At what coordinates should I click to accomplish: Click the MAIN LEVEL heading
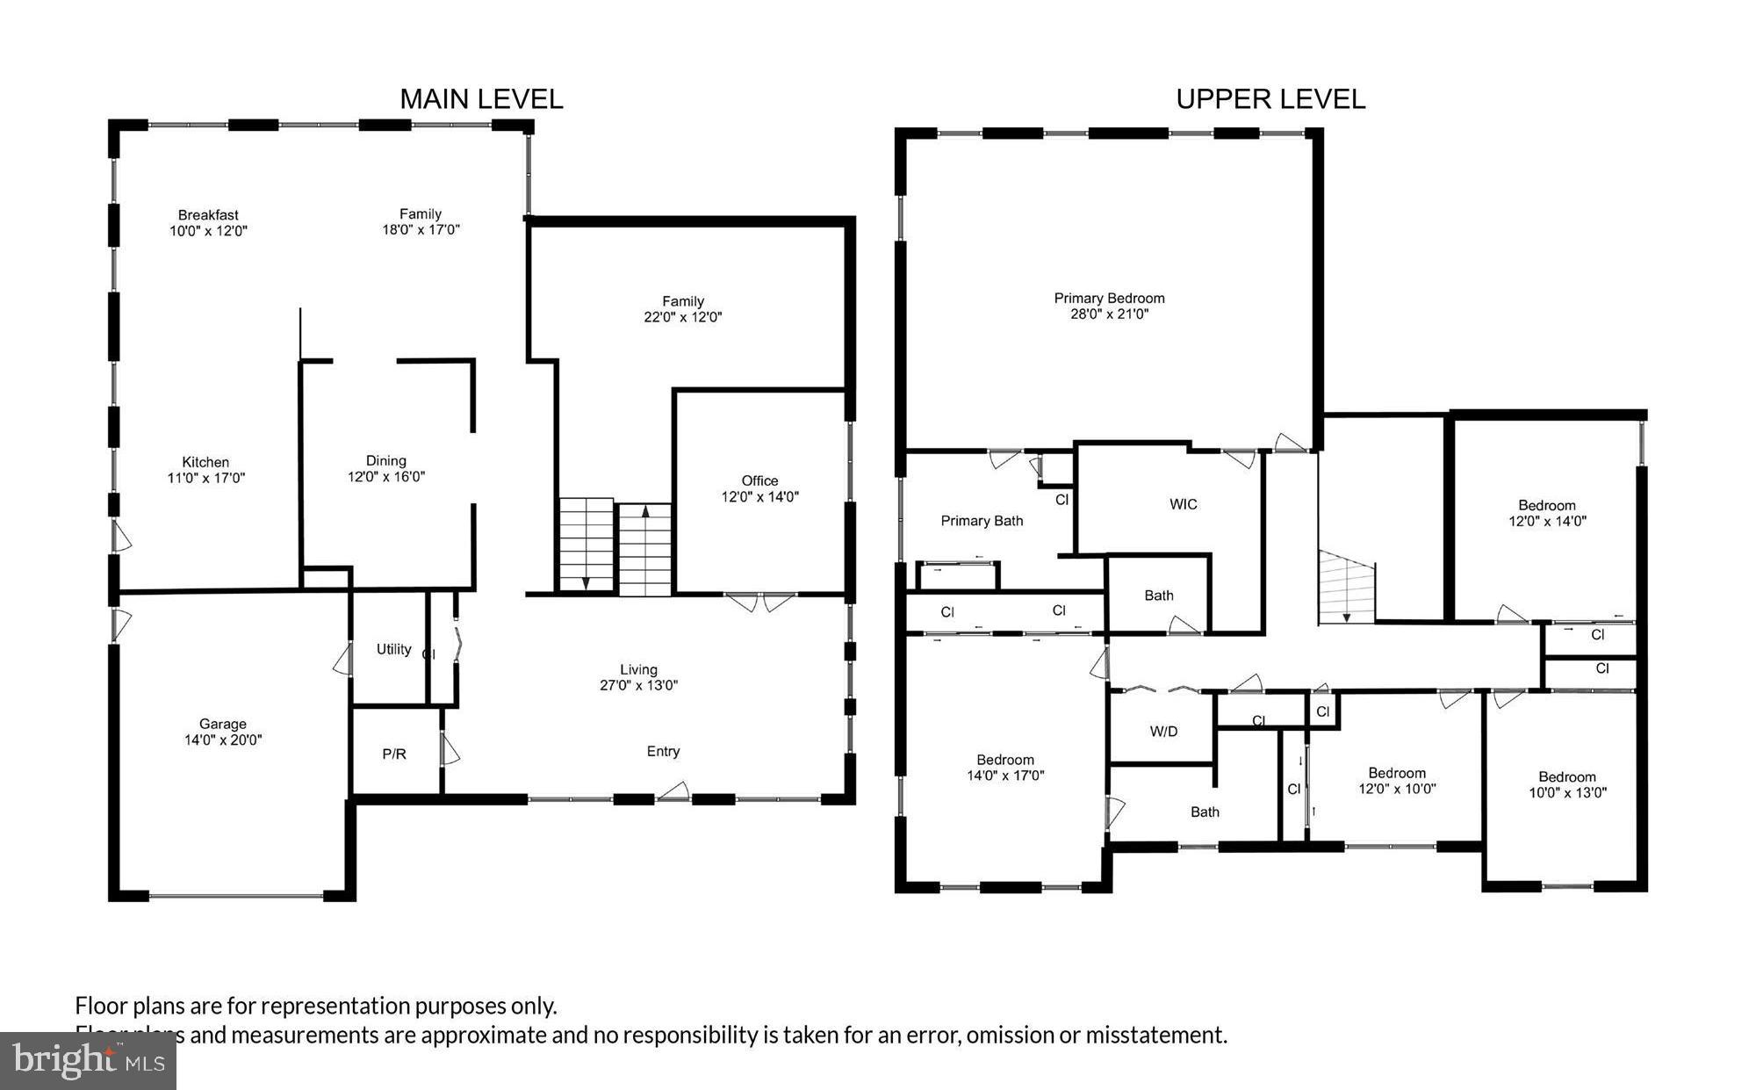tap(481, 99)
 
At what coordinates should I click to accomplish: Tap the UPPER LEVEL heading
tap(1270, 99)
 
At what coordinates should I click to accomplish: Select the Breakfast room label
tap(208, 222)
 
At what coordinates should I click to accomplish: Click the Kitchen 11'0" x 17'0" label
tap(205, 470)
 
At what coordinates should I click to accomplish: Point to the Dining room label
tap(385, 468)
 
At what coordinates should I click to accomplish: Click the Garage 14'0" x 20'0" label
tap(222, 732)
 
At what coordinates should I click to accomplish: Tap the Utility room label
tap(393, 649)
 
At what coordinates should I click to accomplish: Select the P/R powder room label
tap(394, 754)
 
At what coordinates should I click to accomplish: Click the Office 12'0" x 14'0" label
tap(759, 488)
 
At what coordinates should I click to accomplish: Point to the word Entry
tap(663, 751)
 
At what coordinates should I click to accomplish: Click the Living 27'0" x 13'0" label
tap(638, 677)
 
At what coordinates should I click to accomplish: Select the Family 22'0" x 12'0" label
tap(682, 309)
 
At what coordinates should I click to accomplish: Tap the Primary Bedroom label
tap(1109, 306)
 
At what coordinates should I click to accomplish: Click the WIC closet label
tap(1183, 504)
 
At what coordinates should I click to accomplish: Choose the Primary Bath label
tap(982, 521)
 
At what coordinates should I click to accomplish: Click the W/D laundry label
tap(1163, 731)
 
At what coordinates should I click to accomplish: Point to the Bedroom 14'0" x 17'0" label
tap(1004, 767)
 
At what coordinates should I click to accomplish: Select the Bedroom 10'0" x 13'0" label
tap(1566, 783)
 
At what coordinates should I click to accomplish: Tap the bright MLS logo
tap(88, 1060)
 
